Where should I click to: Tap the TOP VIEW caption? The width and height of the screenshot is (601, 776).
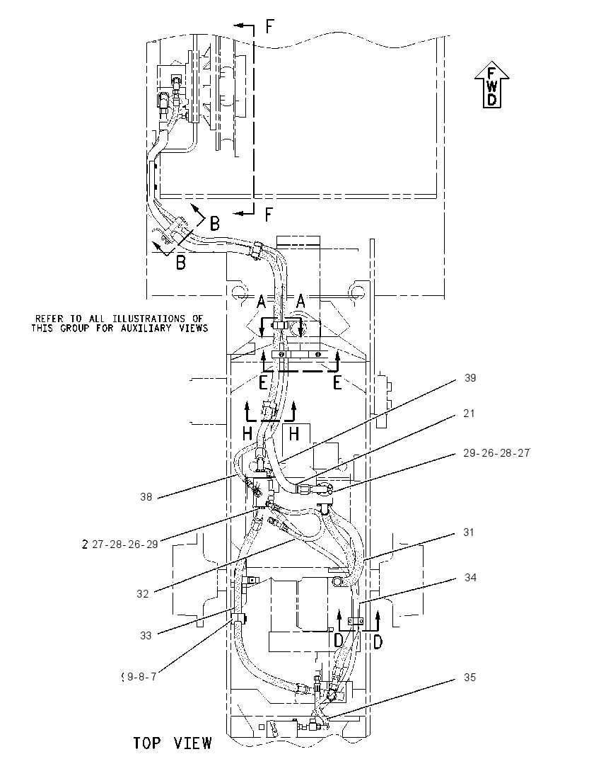coord(173,743)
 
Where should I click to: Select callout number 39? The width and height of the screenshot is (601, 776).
coord(470,378)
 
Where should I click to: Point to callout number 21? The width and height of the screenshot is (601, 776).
coord(469,413)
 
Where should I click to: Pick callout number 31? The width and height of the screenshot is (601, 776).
coord(469,532)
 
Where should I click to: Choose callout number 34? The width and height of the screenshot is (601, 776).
coord(470,578)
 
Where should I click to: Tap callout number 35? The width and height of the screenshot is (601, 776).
coord(469,677)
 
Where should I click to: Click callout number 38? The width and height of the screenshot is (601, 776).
coord(146,496)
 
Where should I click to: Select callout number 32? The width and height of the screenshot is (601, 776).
coord(142,593)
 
